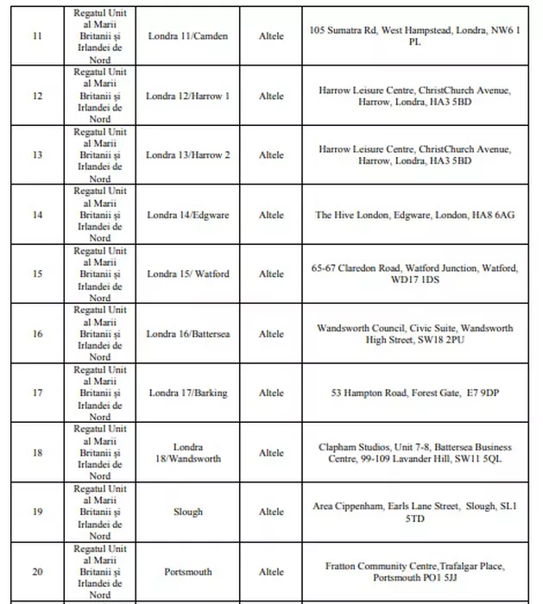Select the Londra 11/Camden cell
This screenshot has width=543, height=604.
(x=187, y=36)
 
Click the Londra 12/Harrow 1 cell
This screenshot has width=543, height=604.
(x=187, y=96)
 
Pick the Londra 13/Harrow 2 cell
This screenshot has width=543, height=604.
(x=187, y=155)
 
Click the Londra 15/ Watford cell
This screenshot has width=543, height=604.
(x=187, y=274)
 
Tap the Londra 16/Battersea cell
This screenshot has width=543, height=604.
(x=187, y=334)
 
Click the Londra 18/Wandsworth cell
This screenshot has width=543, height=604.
(x=187, y=453)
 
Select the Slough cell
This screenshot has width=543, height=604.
(x=187, y=513)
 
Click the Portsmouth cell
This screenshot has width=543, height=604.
(x=187, y=572)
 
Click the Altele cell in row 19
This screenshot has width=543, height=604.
(x=271, y=513)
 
